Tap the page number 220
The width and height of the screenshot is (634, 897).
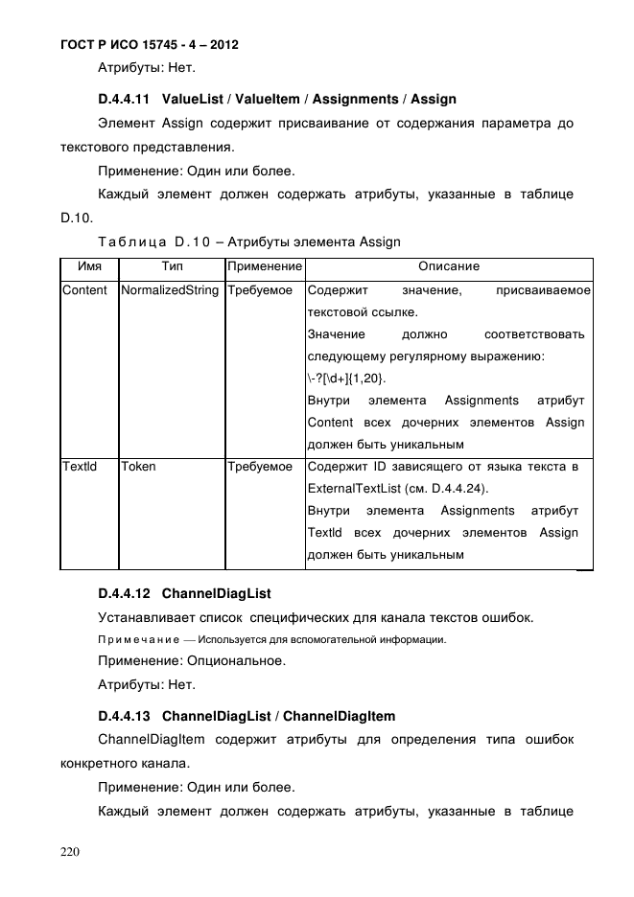tap(71, 850)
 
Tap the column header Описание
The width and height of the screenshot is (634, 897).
tap(449, 266)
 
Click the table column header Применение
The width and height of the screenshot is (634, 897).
tap(265, 266)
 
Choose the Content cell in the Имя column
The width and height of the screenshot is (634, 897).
tap(84, 290)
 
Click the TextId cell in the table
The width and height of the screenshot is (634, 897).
tap(79, 467)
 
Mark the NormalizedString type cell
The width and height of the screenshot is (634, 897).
tap(170, 290)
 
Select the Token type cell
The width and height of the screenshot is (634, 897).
tap(139, 467)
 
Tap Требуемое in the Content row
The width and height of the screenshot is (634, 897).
tap(260, 290)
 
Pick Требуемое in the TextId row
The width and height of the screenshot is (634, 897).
tap(260, 467)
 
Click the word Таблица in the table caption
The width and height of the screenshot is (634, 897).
tap(129, 241)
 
